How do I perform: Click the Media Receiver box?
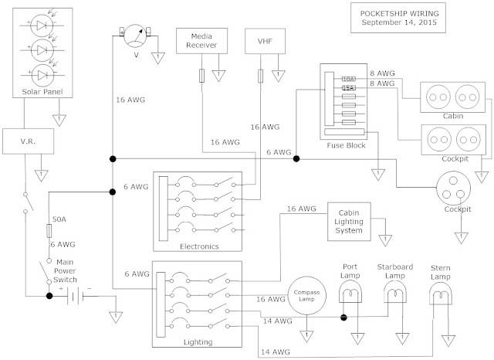click(200, 40)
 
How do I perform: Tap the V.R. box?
click(25, 143)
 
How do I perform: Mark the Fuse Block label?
click(346, 145)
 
